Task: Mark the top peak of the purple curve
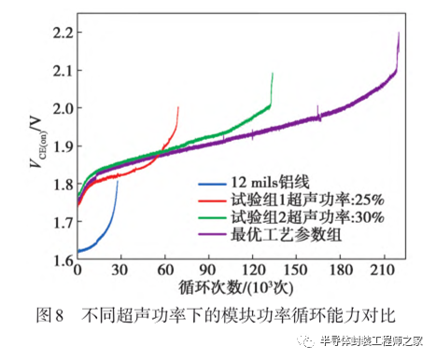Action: click(x=399, y=33)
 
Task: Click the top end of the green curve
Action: click(x=273, y=73)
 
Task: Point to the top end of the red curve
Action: click(x=177, y=107)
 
